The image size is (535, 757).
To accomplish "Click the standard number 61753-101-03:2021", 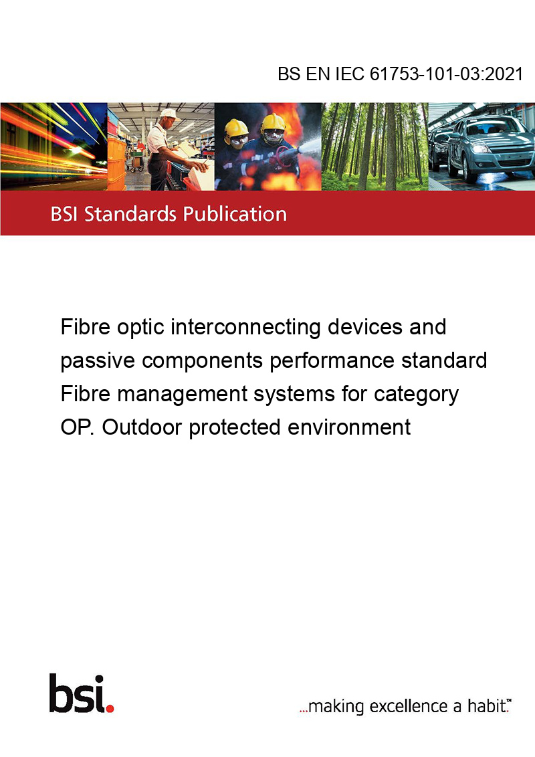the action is point(446,74).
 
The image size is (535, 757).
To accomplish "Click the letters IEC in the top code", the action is point(350,74).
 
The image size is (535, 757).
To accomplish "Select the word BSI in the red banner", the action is point(65,214).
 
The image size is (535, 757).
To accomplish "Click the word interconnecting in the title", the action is point(246,328).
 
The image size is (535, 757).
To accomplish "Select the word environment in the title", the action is point(349,427).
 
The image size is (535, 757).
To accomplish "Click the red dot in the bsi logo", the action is point(110,708).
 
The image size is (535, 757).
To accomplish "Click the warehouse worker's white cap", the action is point(169,114).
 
